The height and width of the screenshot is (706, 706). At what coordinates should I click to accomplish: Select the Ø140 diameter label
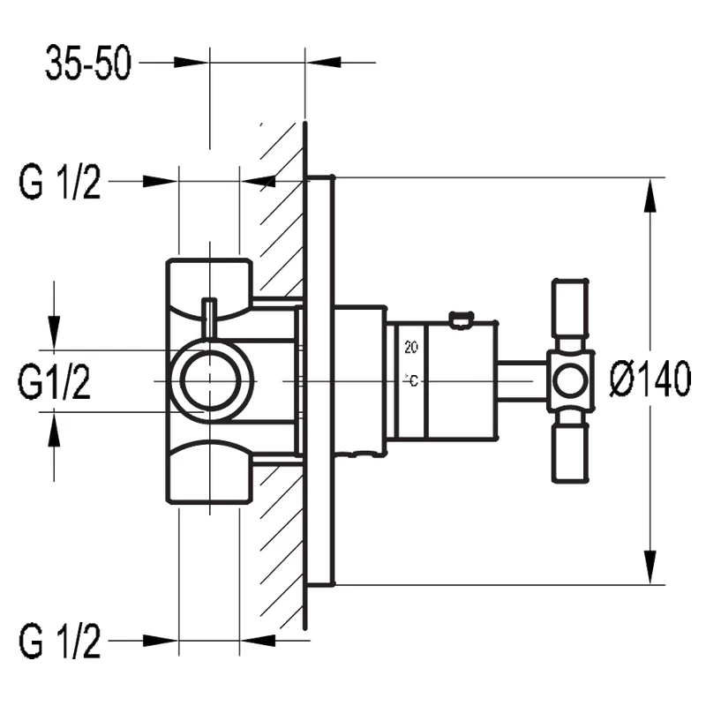point(650,381)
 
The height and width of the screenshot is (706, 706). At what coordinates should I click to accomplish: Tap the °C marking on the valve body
point(411,379)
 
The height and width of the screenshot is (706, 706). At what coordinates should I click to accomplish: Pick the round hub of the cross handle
point(570,381)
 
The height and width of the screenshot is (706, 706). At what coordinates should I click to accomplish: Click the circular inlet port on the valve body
point(211,380)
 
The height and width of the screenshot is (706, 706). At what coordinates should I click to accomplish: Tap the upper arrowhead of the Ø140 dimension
point(651,194)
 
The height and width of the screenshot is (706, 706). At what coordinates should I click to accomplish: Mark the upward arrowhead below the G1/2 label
point(55,429)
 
